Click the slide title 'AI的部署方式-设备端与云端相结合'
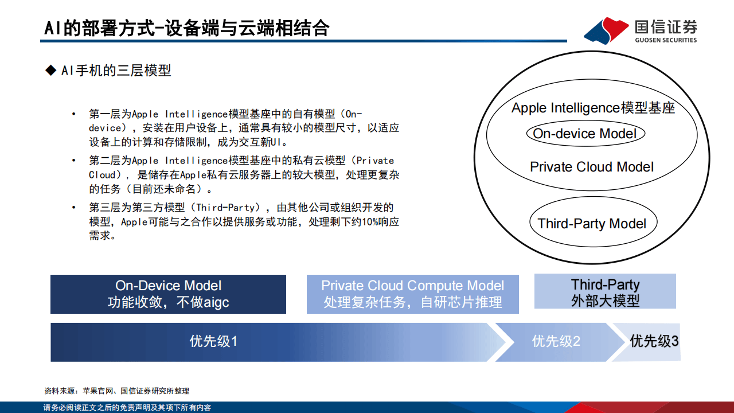(187, 28)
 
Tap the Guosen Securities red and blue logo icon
(606, 30)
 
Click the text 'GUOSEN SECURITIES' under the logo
(666, 40)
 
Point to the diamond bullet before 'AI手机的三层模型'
(50, 71)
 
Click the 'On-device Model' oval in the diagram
(585, 134)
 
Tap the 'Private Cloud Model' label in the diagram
(591, 167)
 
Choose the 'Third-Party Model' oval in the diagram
(591, 224)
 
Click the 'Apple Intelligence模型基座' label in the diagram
(593, 108)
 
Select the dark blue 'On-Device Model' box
(168, 294)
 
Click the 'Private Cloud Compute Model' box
(412, 294)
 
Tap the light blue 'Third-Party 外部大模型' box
(605, 292)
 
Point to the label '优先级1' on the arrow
(213, 342)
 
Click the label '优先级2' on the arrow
(556, 342)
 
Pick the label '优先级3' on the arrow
(654, 341)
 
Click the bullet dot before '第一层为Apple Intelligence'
(73, 114)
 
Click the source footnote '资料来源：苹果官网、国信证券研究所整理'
(116, 391)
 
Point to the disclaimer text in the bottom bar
(127, 408)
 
